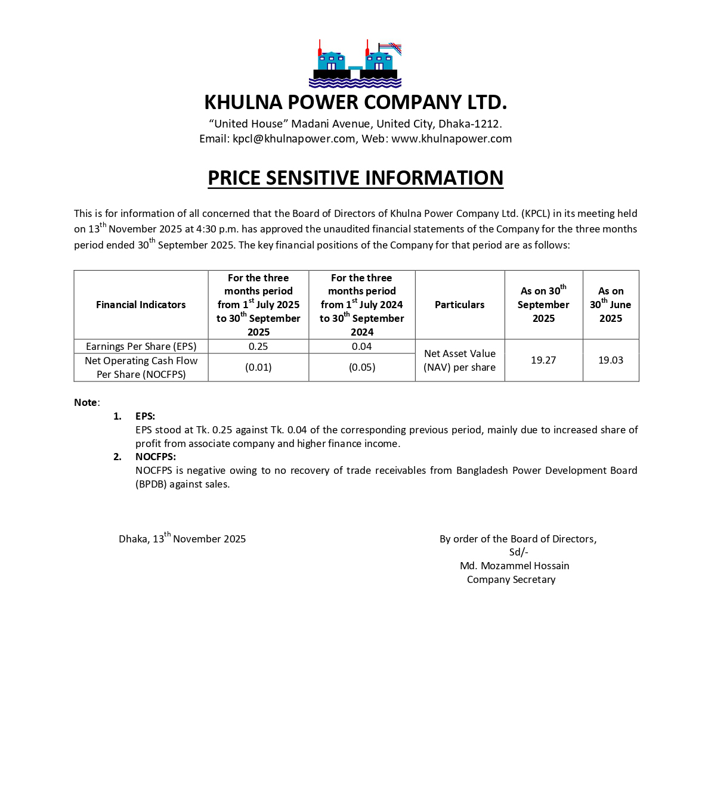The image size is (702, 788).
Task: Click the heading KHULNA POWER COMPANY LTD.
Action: [x=355, y=103]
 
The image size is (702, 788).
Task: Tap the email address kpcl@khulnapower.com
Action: [x=293, y=139]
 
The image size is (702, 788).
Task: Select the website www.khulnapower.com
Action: [x=451, y=139]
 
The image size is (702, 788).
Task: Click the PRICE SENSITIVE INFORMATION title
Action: [x=355, y=178]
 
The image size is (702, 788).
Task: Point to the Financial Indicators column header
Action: [x=141, y=305]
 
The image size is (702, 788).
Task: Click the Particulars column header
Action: [x=459, y=305]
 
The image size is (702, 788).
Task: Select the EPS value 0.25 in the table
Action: [x=258, y=346]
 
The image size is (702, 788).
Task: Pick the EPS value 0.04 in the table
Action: [x=361, y=346]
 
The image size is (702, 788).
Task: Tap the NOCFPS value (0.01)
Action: [x=258, y=367]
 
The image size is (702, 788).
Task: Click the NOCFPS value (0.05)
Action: [x=362, y=367]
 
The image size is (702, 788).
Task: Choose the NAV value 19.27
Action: [x=543, y=360]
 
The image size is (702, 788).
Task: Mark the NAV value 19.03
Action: [x=611, y=360]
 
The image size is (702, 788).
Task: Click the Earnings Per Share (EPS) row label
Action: [x=141, y=346]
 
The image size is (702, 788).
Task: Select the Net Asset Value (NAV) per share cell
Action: [x=459, y=361]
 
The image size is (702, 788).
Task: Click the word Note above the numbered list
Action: [x=86, y=402]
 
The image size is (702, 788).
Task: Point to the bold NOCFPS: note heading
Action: [x=156, y=457]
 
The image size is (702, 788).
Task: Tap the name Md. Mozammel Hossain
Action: [x=514, y=566]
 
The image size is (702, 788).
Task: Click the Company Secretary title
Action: [x=511, y=579]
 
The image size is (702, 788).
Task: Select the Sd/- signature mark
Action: [x=518, y=552]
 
